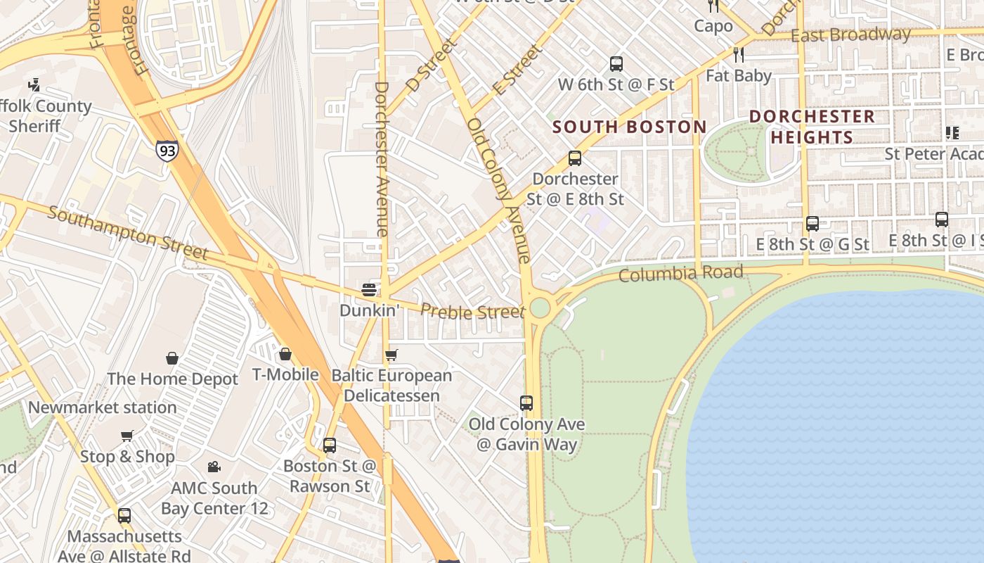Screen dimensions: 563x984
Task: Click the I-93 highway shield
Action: pos(167,151)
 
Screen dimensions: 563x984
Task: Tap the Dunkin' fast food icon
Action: pos(369,289)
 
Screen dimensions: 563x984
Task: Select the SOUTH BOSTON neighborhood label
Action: pos(629,127)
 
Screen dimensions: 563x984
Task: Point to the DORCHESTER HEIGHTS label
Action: pos(812,127)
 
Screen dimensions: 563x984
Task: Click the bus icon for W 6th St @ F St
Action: pos(616,64)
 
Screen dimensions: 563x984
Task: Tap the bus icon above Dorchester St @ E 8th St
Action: pos(575,158)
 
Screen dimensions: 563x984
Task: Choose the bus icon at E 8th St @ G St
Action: pos(813,224)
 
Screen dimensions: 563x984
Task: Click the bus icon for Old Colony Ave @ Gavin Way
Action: pos(526,403)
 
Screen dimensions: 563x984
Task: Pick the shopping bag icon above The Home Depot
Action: pos(172,358)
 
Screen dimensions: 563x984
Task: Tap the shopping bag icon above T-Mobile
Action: pos(285,353)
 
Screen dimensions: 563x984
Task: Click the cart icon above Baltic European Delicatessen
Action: pos(391,355)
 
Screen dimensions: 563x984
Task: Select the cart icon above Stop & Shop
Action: pos(127,436)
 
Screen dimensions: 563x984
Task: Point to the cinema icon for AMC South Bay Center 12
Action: pos(214,467)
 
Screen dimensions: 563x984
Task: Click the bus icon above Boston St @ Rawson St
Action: pos(330,445)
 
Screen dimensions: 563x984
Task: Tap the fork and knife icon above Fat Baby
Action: pos(738,54)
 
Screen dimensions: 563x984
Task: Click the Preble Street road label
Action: pos(472,311)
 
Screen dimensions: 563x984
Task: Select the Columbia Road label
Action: pos(680,273)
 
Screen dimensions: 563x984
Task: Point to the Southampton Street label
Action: pos(128,233)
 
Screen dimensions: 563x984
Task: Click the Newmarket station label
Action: pos(103,407)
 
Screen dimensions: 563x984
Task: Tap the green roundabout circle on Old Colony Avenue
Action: pos(540,308)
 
